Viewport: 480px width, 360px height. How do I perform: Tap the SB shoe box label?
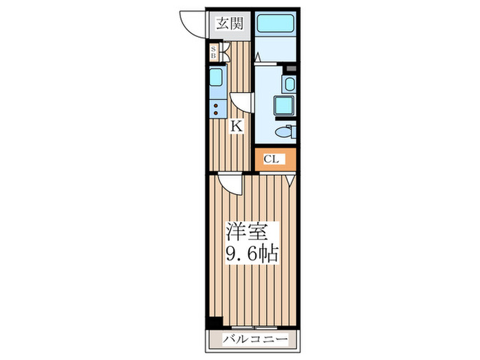214,52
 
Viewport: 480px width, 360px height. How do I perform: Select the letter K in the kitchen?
235,126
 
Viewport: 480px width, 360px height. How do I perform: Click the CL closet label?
272,159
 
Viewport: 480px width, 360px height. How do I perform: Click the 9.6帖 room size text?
252,255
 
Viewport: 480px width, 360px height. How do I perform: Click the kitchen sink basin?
215,76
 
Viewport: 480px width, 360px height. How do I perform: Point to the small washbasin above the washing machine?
289,85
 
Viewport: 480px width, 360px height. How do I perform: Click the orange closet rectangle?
276,159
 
